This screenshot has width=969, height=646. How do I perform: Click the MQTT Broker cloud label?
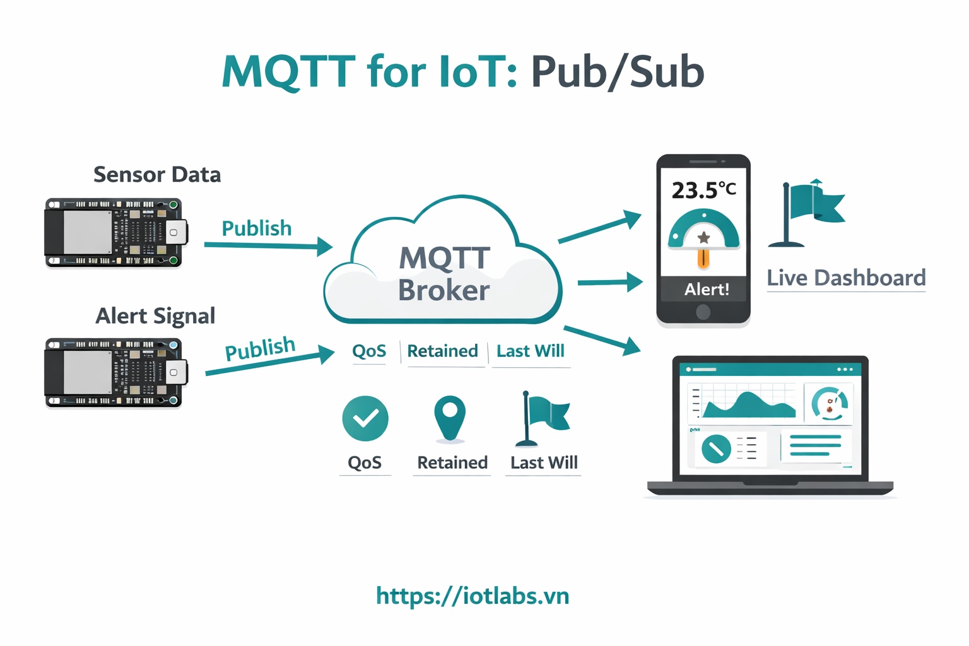[444, 274]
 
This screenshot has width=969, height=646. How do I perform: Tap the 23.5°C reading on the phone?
[703, 190]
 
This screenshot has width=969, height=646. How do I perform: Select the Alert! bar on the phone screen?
[704, 290]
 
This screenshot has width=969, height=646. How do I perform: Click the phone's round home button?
[703, 312]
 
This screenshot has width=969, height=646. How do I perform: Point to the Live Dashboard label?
[846, 278]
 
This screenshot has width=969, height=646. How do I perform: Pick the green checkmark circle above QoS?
[365, 418]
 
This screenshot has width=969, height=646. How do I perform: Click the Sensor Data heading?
[157, 175]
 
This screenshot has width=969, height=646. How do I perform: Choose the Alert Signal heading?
[155, 316]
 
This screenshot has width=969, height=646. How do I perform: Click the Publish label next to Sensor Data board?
[257, 228]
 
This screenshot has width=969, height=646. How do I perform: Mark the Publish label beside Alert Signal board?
[260, 348]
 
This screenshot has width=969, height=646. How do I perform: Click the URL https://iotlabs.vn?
[473, 596]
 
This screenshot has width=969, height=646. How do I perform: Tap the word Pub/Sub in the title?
[617, 71]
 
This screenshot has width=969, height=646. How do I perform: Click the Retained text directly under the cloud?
[442, 351]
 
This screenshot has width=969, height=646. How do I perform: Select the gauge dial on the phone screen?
[703, 232]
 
